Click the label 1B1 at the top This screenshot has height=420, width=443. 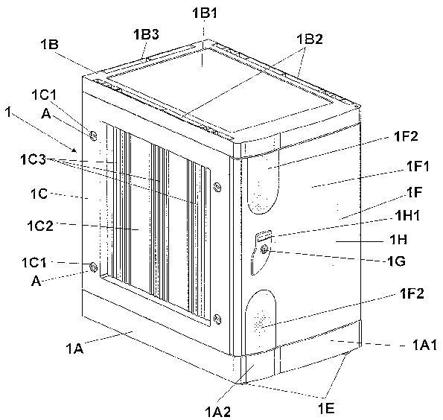[205, 13]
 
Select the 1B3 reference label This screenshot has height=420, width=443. [146, 34]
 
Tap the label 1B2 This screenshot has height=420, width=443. [310, 39]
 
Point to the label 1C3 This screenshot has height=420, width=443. [33, 160]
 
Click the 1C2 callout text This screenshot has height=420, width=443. [40, 226]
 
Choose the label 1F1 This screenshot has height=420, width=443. [418, 166]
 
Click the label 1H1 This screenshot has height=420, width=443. [407, 216]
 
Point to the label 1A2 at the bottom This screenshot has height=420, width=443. [218, 412]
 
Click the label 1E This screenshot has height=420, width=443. [326, 408]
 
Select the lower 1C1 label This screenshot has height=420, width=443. [34, 263]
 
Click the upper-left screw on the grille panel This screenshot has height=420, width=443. [93, 136]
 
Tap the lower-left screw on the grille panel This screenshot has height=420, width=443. [93, 267]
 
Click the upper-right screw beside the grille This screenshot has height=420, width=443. [217, 187]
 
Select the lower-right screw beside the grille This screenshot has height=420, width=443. [217, 319]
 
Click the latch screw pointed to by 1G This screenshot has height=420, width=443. [264, 249]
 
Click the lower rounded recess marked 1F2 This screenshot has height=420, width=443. [261, 322]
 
